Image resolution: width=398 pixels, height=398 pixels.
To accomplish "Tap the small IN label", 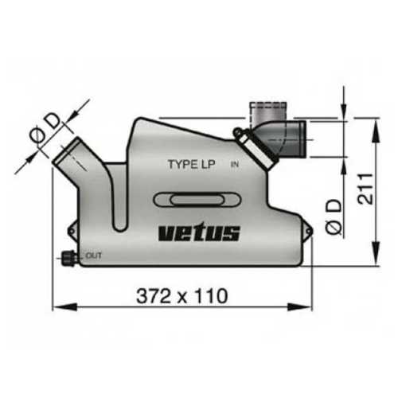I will [x=234, y=165].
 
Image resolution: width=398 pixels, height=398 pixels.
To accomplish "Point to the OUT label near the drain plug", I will [x=93, y=256].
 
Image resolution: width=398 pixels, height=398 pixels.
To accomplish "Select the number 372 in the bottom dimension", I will [x=157, y=295].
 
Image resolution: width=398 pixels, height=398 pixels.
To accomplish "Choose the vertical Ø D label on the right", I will [x=334, y=217].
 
